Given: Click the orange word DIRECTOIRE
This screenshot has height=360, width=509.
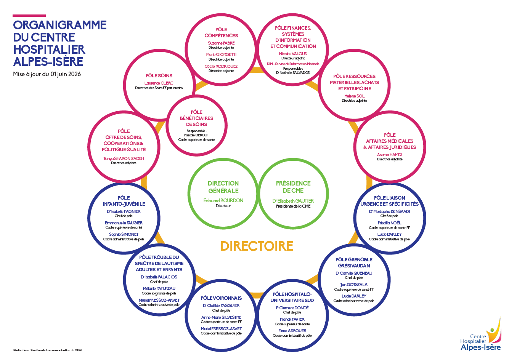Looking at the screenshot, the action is [257, 246].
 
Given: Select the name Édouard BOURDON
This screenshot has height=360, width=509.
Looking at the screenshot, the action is [223, 200].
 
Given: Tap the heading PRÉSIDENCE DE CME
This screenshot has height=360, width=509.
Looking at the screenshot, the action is [293, 187].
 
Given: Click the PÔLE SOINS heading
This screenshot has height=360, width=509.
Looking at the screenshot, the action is [159, 75].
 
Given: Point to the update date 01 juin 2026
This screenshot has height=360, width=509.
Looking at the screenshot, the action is [66, 74].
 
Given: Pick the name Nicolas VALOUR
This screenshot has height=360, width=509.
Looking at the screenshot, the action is [293, 54].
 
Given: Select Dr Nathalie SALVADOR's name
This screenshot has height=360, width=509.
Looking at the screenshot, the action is [293, 73].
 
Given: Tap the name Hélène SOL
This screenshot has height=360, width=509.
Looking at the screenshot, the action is [354, 96].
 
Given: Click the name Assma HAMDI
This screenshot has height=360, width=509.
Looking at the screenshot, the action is [390, 155].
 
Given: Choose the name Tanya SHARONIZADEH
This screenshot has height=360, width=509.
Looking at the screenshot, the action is [124, 158].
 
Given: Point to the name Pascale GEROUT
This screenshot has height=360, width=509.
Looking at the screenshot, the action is [196, 135].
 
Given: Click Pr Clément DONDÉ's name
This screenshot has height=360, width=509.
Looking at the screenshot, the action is [292, 308].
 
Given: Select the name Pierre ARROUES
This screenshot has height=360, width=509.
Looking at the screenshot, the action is [292, 331].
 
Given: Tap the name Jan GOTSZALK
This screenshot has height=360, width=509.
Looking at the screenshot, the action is [354, 285].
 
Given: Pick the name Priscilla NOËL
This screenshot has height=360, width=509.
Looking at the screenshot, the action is [390, 223].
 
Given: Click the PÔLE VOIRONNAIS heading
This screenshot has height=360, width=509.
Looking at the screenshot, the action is [221, 298].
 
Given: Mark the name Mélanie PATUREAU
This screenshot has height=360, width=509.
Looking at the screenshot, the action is [159, 288].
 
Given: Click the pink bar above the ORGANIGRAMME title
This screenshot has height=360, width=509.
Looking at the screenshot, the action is [29, 16].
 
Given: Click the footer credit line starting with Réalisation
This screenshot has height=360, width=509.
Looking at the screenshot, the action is [47, 350].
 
